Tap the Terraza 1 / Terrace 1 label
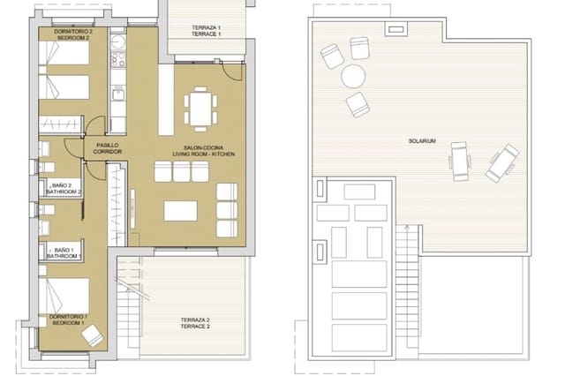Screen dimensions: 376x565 coord(206,31)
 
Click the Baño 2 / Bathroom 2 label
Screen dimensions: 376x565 coord(65,188)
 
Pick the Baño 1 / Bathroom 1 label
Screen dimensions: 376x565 coord(66,253)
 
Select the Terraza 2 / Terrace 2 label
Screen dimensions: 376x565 coord(195,323)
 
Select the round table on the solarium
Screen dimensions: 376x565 coord(355,75)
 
